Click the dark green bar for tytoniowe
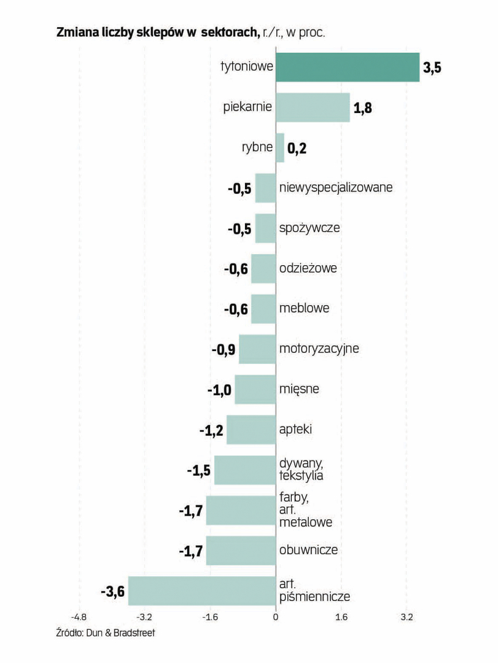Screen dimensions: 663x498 [x=347, y=67]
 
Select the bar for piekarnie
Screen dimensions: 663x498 [x=312, y=107]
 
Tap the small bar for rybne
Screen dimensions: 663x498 [x=279, y=148]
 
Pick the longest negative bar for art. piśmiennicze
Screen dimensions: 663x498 [x=201, y=591]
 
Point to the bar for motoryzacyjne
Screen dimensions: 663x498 [x=257, y=349]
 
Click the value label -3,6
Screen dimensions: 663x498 [x=112, y=592]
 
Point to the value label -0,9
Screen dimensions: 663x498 [x=224, y=350]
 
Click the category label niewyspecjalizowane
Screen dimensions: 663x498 [x=335, y=187]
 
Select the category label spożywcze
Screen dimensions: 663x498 [x=309, y=228]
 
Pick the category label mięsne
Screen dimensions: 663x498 [x=299, y=389]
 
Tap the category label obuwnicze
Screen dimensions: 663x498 [x=308, y=549]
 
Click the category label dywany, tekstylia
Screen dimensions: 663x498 [x=302, y=469]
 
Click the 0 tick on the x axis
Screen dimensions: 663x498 [x=276, y=616]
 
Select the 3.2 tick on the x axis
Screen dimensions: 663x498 [x=407, y=616]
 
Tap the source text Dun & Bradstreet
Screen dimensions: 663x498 [x=119, y=632]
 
